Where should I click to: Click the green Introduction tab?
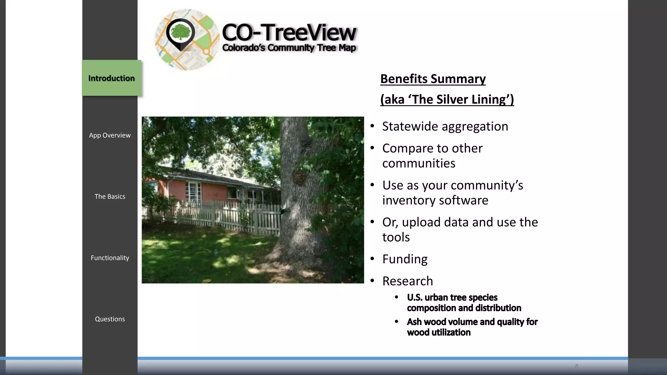point(111,78)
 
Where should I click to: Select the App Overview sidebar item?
point(110,135)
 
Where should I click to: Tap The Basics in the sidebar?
point(110,197)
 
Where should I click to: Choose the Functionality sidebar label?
point(110,258)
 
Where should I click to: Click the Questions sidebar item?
point(110,319)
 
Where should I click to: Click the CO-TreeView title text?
point(289,33)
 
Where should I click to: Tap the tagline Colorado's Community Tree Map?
point(289,48)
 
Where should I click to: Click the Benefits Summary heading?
point(433,79)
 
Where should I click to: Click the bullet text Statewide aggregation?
point(445,126)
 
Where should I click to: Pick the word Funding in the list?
point(405,259)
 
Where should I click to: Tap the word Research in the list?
point(407,281)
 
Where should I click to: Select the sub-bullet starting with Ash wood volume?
point(472,327)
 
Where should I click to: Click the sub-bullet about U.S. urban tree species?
point(464,303)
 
